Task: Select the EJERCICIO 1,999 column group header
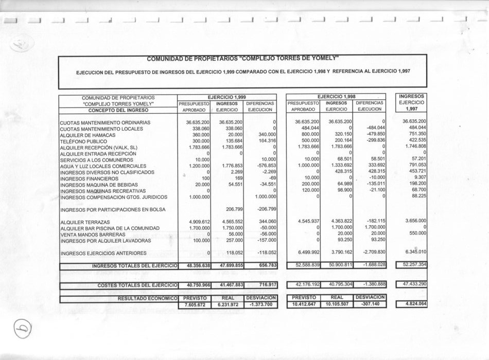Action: click(x=226, y=97)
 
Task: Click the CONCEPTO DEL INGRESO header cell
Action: click(x=118, y=110)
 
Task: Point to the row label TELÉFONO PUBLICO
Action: click(x=81, y=141)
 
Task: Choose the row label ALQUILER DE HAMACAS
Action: click(x=85, y=135)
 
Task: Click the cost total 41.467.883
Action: click(x=227, y=285)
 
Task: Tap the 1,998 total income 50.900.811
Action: click(x=337, y=265)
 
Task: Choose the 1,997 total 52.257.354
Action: click(x=412, y=264)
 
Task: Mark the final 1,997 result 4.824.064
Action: click(x=412, y=304)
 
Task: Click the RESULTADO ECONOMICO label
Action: click(x=147, y=298)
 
